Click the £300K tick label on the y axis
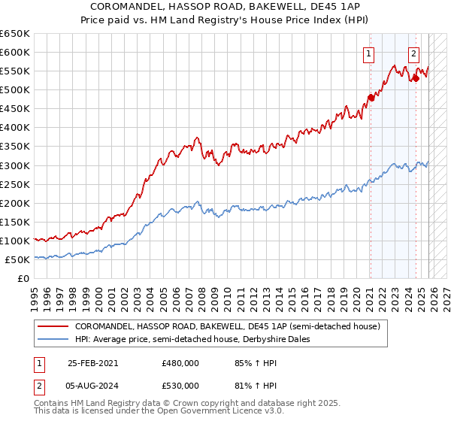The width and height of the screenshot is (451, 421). coord(14,165)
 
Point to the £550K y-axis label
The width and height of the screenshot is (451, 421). coord(14,71)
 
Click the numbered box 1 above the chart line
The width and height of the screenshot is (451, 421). coord(369,53)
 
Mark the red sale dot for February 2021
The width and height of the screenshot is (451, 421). coord(371,97)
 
